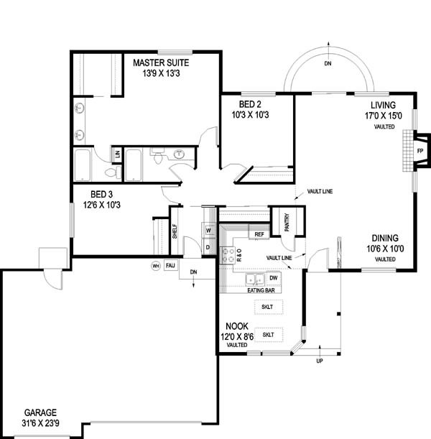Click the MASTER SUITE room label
(161, 63)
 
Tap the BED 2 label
(250, 104)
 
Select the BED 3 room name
(101, 194)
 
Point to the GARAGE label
(40, 412)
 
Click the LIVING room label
(383, 106)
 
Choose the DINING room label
(385, 239)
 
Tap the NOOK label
(237, 326)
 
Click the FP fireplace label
(420, 151)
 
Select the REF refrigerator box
(259, 234)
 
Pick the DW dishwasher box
(274, 278)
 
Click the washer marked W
(208, 231)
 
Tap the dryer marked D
(208, 247)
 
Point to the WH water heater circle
(156, 266)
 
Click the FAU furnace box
(170, 265)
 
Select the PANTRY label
(287, 223)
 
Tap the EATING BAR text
(261, 290)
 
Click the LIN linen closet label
(118, 154)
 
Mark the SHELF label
(175, 231)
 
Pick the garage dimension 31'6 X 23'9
(40, 423)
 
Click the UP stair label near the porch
(320, 361)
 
